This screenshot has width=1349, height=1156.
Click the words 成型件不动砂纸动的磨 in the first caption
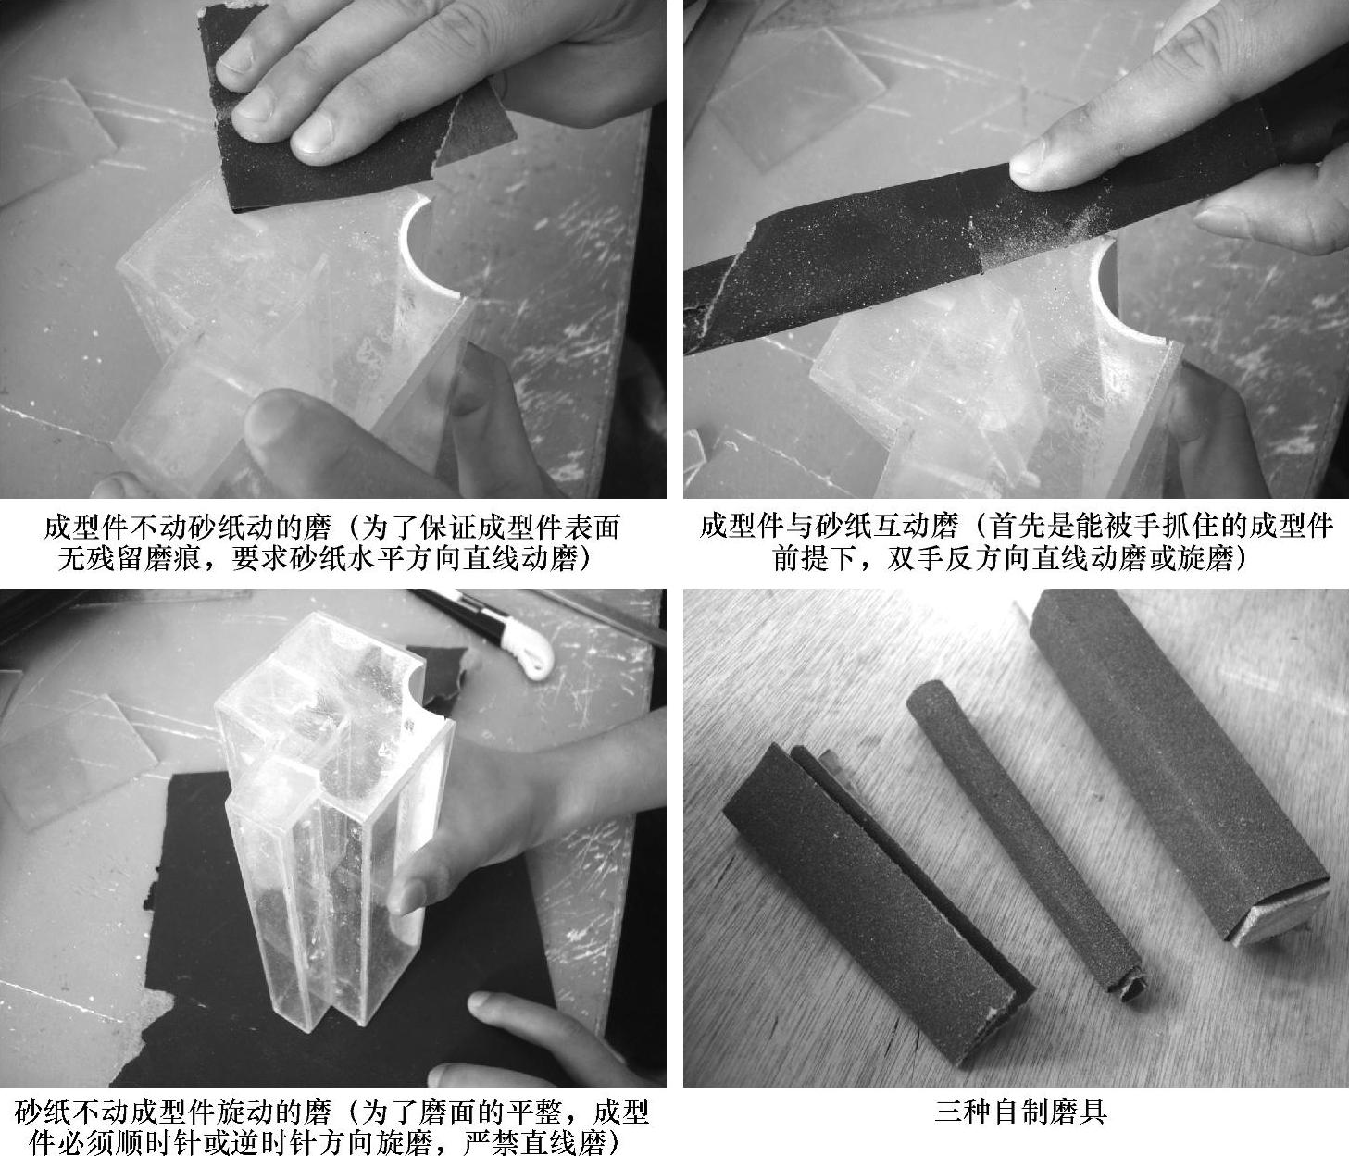187,528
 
